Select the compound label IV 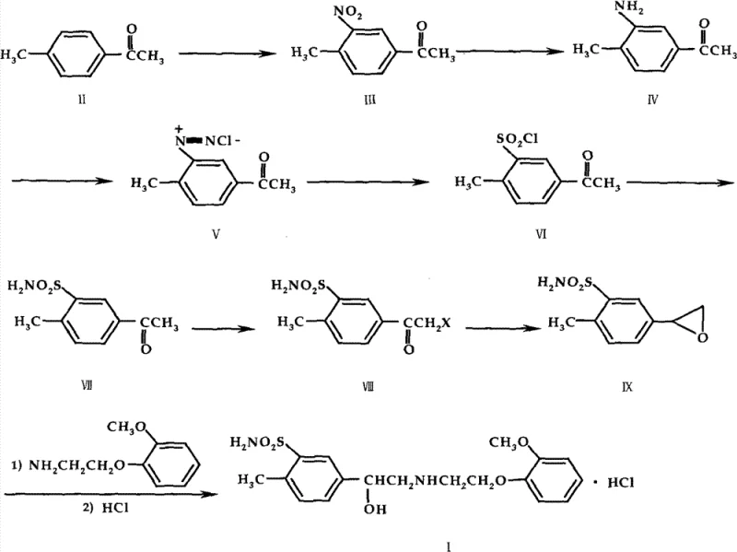click(x=652, y=99)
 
